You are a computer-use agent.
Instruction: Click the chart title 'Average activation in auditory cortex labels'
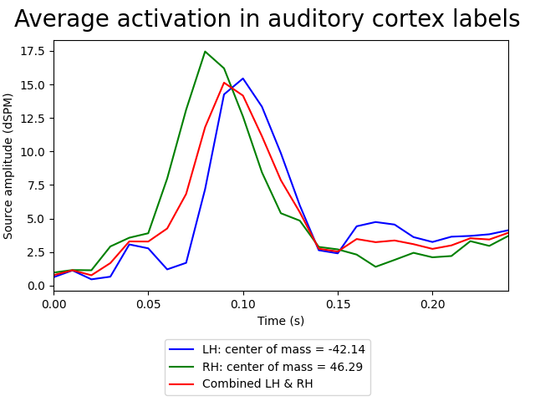pos(267,19)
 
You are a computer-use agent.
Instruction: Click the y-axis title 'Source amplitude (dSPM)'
pos(9,165)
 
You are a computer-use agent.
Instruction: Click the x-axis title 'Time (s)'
pos(281,321)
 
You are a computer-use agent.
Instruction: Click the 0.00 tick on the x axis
pos(54,302)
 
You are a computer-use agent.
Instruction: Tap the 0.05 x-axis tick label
pos(149,302)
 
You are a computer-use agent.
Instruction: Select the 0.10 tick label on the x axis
pos(243,302)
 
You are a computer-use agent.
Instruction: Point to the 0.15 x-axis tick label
pos(338,302)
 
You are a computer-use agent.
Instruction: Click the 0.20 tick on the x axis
pos(432,302)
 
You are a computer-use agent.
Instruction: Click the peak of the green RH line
pos(205,52)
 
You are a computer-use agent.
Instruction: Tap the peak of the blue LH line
pos(243,79)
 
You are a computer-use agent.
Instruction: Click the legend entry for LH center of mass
pos(267,350)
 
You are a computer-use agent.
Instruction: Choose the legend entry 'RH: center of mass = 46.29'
pos(267,367)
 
